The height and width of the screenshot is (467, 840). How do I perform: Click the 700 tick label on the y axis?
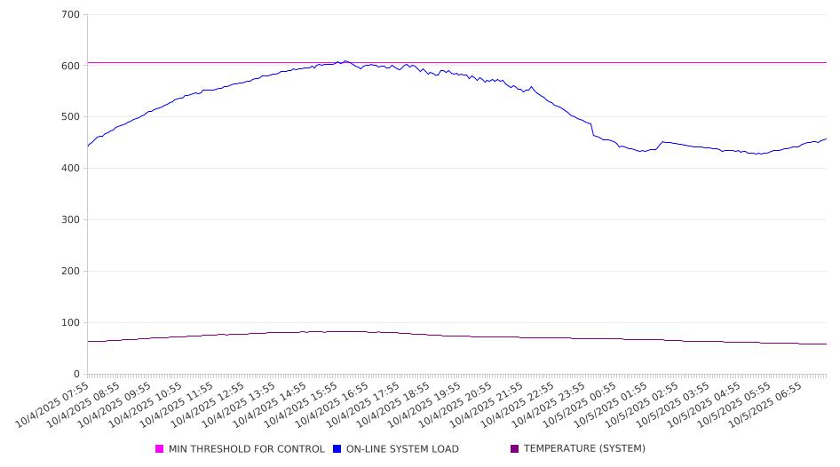point(71,15)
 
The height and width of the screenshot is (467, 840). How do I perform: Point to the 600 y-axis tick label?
point(71,66)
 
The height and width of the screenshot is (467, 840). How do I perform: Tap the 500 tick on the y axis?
point(71,117)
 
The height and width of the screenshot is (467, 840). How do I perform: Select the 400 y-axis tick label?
point(71,169)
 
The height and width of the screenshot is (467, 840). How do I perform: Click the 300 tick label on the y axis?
point(71,220)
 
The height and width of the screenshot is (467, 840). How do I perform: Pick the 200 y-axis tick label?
point(71,272)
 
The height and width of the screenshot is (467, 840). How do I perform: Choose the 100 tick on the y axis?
point(71,323)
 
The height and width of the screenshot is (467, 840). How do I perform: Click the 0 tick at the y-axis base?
point(77,375)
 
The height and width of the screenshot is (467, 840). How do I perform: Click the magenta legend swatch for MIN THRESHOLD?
point(160,449)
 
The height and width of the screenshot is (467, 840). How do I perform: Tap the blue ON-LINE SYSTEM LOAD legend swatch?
point(337,449)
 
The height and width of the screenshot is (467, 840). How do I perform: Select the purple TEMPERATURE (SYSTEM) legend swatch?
point(515,449)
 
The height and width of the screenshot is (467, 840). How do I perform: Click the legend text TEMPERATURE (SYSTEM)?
point(584,449)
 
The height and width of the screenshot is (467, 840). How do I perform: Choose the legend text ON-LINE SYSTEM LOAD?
point(402,449)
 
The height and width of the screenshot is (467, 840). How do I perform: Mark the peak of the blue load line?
point(345,61)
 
